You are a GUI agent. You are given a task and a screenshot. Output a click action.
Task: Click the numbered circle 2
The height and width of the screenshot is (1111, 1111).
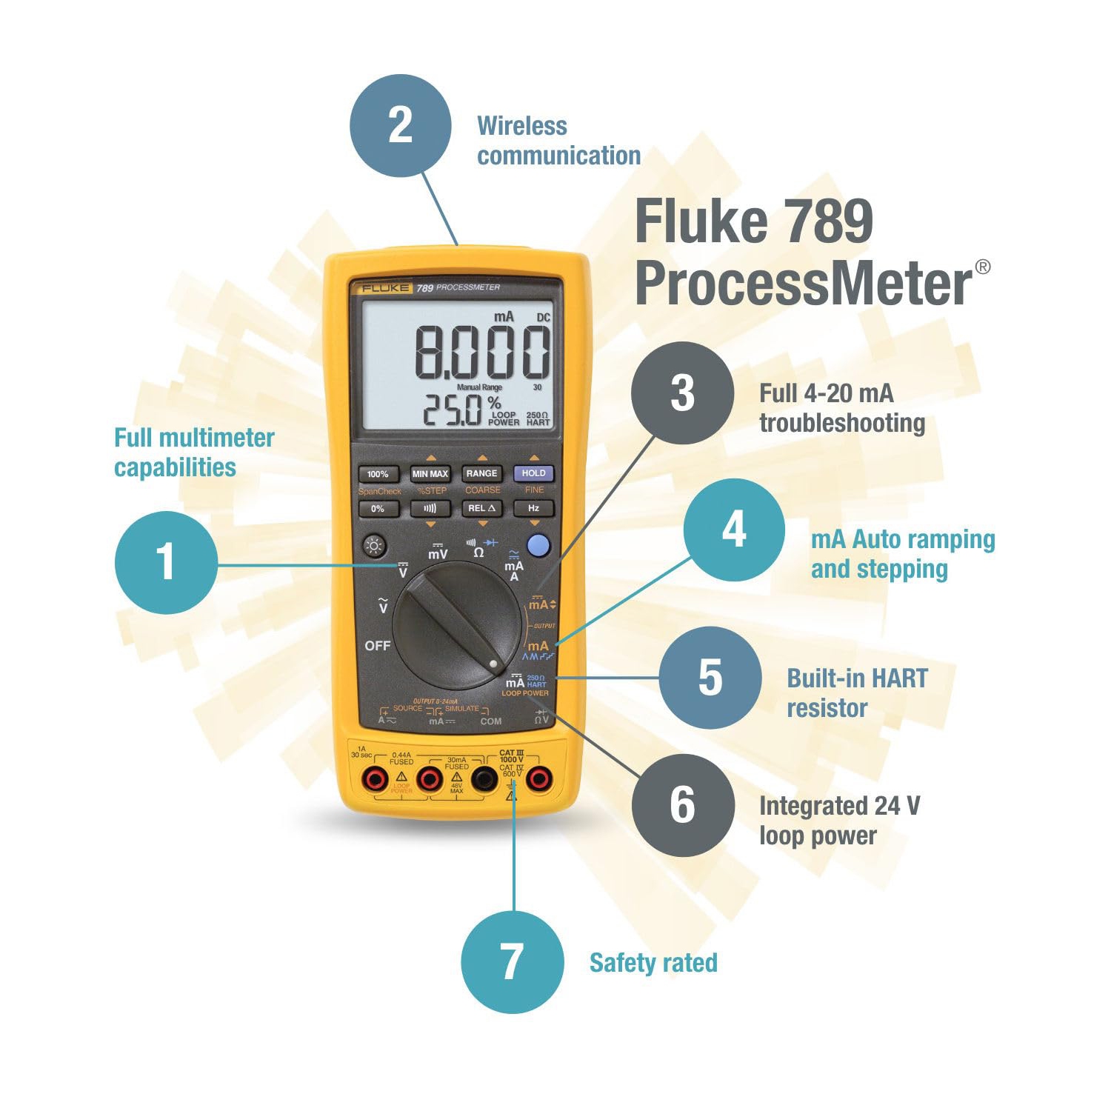tap(400, 125)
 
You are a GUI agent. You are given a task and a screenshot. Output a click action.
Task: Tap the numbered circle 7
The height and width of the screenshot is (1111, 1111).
tap(512, 962)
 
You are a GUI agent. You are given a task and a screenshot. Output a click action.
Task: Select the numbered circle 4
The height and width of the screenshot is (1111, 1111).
tap(733, 530)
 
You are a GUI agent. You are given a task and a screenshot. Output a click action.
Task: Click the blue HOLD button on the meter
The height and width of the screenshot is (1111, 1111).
tap(533, 473)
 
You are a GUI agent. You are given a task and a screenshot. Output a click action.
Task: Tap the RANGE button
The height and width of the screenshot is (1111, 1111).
tap(481, 473)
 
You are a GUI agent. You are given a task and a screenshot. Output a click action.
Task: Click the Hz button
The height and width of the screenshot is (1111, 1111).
tap(533, 508)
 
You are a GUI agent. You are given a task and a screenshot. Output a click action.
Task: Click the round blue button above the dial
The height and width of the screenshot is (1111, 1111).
tap(538, 546)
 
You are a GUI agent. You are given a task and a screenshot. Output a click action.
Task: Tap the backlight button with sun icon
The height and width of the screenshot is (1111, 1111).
tap(375, 547)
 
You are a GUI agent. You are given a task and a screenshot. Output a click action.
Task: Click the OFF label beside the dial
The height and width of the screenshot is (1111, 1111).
tap(377, 646)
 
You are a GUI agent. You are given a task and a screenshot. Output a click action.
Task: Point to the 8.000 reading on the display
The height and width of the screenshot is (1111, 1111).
tap(481, 353)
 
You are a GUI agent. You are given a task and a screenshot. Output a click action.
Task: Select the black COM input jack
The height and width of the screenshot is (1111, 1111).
tap(484, 778)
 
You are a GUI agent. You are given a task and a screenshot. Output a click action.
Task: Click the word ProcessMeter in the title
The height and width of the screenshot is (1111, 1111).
tap(804, 284)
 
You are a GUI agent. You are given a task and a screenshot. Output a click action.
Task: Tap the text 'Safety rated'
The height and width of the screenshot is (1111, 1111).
tap(653, 963)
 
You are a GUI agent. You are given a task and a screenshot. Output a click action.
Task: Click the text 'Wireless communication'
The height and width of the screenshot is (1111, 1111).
tap(558, 141)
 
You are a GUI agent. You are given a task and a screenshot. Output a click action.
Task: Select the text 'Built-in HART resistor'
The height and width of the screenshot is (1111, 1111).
tap(857, 693)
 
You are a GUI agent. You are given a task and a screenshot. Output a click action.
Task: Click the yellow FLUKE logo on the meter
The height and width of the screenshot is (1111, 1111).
tap(384, 287)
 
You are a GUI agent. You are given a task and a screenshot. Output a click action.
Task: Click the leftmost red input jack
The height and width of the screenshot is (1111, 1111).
tap(375, 778)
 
